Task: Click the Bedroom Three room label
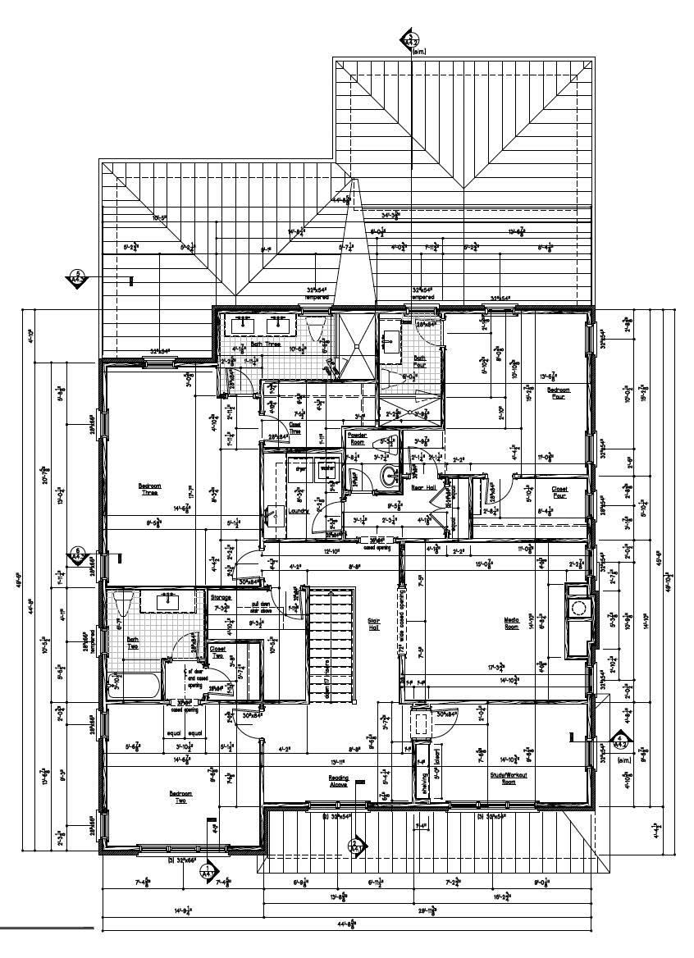tap(149, 490)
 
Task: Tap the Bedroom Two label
tap(180, 796)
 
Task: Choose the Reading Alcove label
tap(340, 781)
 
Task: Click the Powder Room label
tap(357, 437)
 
